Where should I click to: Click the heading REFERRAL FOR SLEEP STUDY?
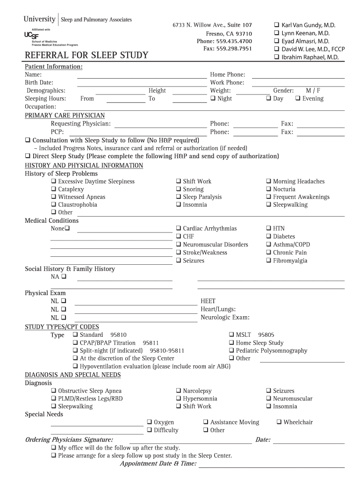coord(86,56)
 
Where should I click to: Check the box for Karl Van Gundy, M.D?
coord(276,25)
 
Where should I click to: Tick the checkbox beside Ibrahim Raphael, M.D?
coord(276,57)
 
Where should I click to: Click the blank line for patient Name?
coord(141,75)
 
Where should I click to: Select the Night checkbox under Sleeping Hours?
coord(213,99)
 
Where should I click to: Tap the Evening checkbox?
coord(297,99)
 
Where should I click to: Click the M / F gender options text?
coord(313,91)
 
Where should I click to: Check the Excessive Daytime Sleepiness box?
coord(54,181)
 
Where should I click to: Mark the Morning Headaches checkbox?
coord(269,181)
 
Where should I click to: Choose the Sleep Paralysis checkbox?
coord(179,197)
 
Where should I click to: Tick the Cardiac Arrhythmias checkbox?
coord(179,229)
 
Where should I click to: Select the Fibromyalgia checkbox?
coord(269,261)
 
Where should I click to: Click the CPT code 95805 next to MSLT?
coord(266,335)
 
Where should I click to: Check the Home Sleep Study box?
coord(231,343)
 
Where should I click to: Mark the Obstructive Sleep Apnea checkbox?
coord(54,391)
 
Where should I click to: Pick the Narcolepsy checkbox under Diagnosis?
coord(179,391)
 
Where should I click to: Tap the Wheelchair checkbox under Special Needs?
coord(279,422)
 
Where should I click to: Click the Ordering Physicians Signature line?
coord(190,440)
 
